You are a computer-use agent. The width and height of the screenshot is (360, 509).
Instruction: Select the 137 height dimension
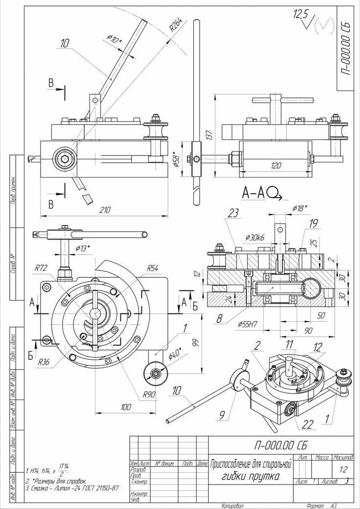209,134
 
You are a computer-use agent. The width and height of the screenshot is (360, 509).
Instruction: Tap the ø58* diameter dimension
178,158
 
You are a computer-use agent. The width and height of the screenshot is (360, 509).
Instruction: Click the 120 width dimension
275,166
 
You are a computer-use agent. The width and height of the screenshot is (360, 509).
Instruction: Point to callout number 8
219,318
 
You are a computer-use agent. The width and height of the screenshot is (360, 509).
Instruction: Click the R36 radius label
43,362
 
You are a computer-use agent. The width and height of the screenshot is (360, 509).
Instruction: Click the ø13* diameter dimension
83,248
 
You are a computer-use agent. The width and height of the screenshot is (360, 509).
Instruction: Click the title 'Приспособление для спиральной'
250,464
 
